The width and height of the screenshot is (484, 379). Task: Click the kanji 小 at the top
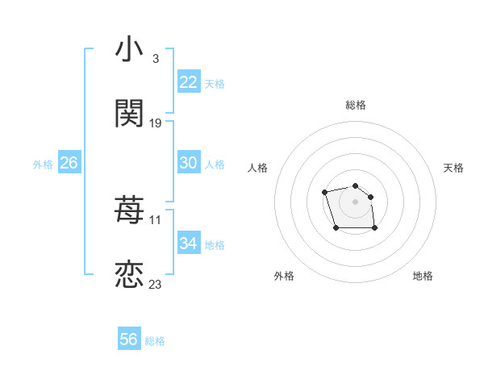coord(129,50)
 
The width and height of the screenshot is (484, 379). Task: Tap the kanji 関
coord(129,114)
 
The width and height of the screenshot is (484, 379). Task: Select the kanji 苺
coord(129,211)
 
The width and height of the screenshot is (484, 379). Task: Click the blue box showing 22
coord(189,82)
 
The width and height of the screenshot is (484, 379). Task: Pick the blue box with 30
coord(189,163)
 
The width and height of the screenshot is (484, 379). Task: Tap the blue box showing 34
coord(189,244)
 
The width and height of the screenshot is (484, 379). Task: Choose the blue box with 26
coord(69,163)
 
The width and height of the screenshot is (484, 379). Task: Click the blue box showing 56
coord(129,339)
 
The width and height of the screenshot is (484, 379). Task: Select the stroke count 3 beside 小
coord(155,59)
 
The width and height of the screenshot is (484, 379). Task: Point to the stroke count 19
coord(156,123)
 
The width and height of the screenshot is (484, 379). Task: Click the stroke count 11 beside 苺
coord(156,220)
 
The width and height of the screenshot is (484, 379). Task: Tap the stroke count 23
coord(156,285)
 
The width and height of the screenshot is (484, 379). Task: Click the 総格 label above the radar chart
coord(356,105)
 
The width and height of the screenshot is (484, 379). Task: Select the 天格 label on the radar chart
coord(453,168)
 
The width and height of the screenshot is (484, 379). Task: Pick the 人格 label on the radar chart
coord(258,168)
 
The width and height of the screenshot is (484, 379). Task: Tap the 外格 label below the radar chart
coord(284,276)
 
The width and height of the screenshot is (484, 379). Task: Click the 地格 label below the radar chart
coord(423,276)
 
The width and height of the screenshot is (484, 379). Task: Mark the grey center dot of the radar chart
coord(355,201)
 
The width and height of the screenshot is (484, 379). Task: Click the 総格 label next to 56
coord(155,341)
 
